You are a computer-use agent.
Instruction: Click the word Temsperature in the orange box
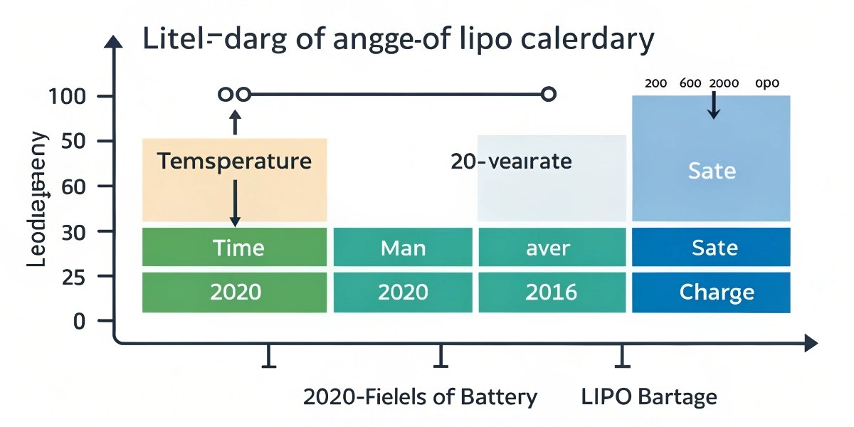(234, 161)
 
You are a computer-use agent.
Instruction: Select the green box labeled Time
(235, 248)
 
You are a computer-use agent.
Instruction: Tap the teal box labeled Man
(403, 248)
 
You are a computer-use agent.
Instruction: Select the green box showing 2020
(235, 292)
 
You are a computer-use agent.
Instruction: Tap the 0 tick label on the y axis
(79, 322)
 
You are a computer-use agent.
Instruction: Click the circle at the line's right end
(548, 94)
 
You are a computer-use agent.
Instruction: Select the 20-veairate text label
(511, 162)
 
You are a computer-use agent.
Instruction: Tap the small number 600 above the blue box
(690, 83)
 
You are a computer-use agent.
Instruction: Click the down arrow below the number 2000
(715, 107)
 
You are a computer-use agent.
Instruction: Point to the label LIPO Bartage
(649, 396)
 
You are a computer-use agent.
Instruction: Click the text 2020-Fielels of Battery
(420, 396)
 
